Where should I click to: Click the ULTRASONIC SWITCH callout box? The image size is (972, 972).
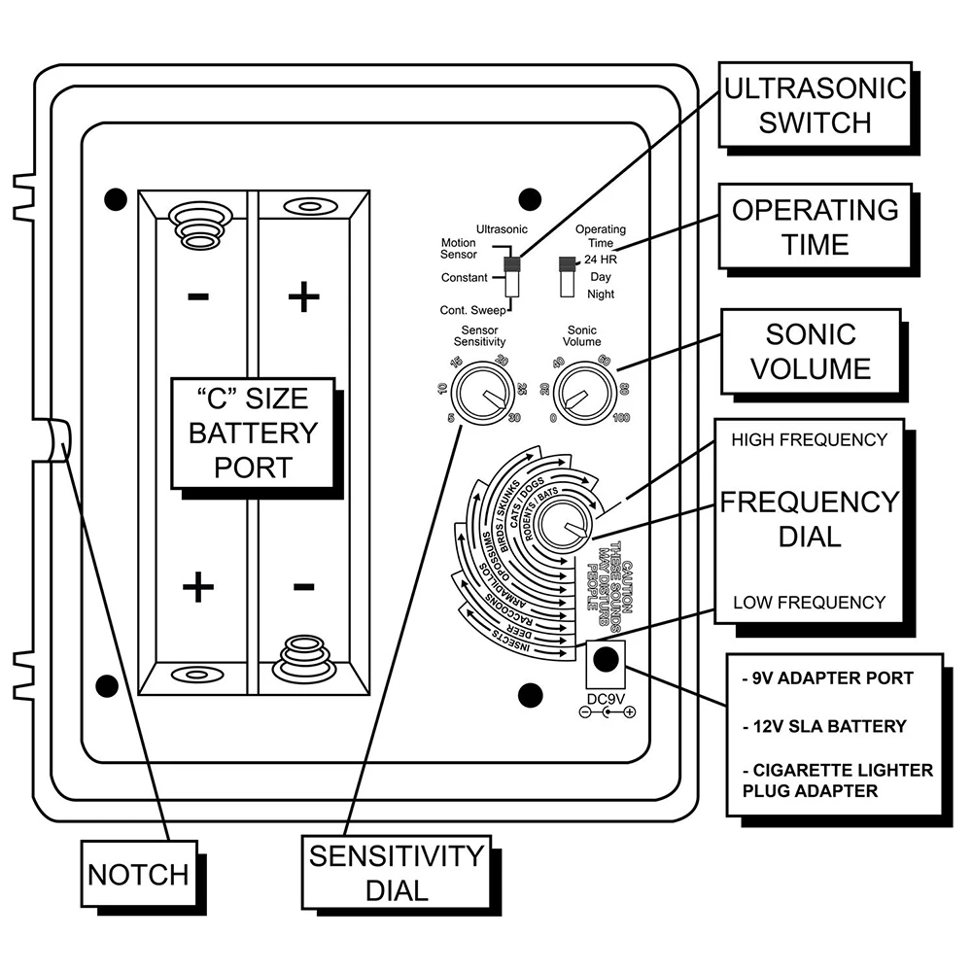815,105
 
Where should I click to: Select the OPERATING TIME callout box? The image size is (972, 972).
815,226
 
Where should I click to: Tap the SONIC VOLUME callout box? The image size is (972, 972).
811,352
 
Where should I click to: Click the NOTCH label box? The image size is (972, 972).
139,874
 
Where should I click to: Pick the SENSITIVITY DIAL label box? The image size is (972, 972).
397,873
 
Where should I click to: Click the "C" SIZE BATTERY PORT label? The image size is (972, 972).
253,433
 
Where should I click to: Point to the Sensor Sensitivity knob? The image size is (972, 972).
482,393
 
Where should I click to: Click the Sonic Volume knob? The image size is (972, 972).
584,394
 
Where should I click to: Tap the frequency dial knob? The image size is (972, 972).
563,523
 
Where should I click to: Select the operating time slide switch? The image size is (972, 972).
567,276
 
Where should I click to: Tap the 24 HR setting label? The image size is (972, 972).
601,260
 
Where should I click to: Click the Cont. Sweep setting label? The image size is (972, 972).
472,310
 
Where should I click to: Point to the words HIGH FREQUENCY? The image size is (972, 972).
809,439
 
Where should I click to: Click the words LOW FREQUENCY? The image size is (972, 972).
809,602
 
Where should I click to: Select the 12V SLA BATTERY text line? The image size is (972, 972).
824,726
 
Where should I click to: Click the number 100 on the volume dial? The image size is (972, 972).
621,418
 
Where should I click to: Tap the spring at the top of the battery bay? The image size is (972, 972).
199,225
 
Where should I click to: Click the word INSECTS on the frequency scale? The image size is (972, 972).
512,641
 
